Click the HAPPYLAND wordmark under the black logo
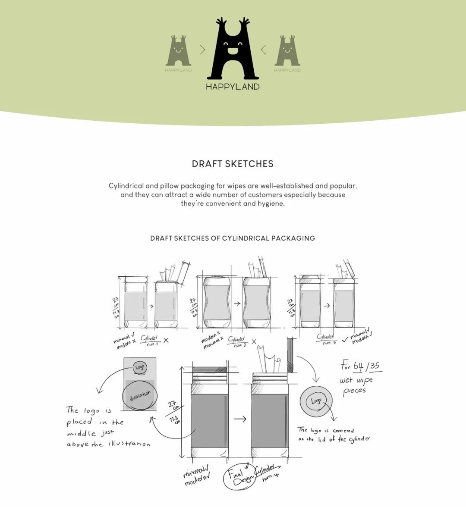233,87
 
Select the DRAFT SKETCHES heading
233,164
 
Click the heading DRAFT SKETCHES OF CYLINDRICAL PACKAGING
233,238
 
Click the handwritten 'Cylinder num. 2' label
237,341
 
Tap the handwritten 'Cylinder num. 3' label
326,339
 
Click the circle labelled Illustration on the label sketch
140,395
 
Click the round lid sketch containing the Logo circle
316,401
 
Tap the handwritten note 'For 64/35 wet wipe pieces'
359,378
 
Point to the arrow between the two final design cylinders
239,419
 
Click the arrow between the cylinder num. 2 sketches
237,304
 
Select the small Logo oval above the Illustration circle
140,367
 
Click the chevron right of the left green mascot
203,50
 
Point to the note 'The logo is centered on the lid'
334,435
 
